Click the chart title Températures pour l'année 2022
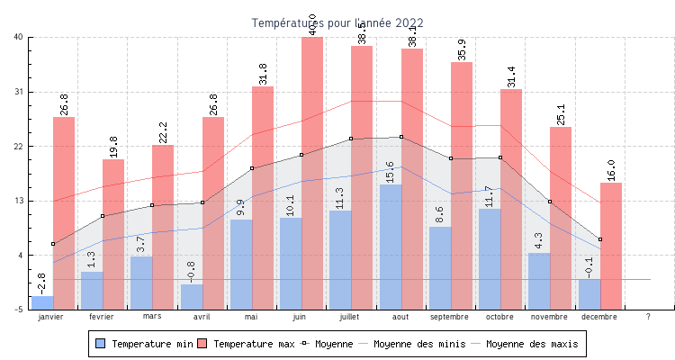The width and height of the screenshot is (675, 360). (x=337, y=22)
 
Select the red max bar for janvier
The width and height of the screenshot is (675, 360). (x=64, y=212)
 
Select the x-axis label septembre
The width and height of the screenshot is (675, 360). (x=450, y=317)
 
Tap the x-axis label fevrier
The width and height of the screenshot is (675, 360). (x=102, y=317)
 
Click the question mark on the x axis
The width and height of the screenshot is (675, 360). (x=648, y=317)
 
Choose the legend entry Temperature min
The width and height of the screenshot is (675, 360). (x=144, y=344)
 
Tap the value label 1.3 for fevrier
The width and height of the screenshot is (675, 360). (x=93, y=259)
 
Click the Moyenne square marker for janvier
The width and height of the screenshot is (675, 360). (x=53, y=244)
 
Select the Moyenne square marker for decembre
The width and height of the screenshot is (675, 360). (x=599, y=239)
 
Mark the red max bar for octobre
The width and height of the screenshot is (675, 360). (x=511, y=199)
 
